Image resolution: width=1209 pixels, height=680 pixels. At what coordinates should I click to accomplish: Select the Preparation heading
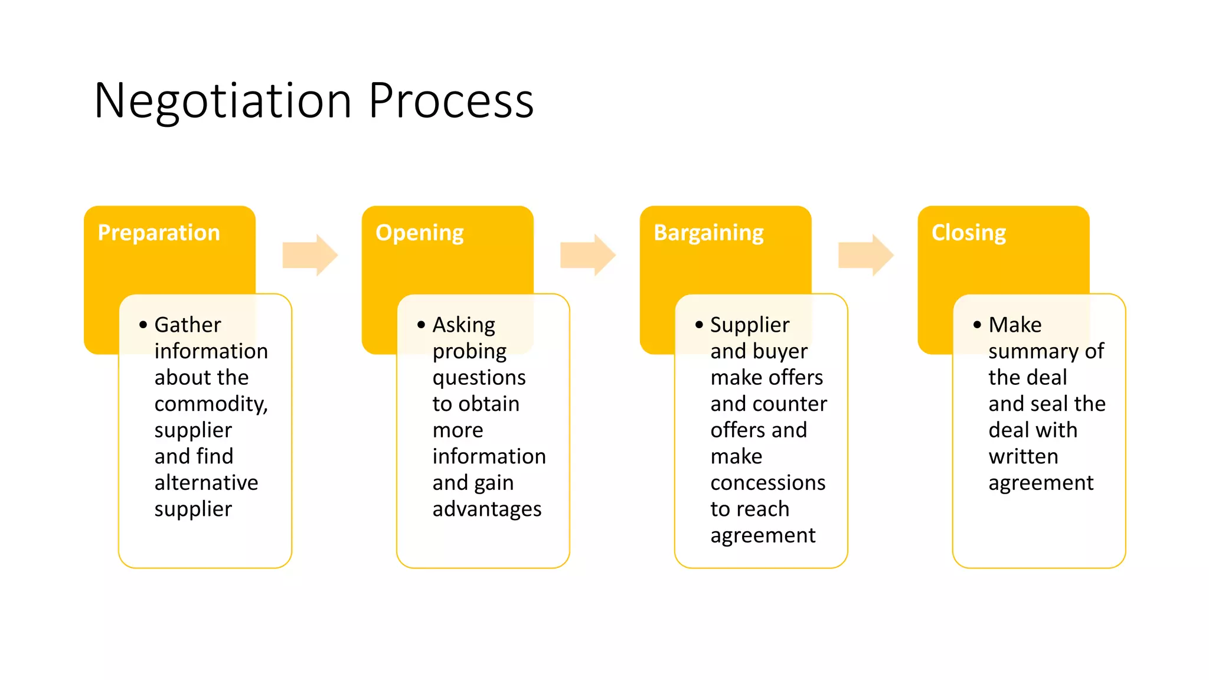point(159,233)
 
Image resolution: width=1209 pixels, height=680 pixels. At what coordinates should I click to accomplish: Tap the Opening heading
point(420,233)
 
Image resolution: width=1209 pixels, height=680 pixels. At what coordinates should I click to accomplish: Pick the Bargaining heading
point(708,233)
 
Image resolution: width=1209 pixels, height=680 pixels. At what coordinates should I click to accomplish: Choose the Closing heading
point(969,233)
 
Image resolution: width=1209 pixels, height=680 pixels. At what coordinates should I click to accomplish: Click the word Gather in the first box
point(188,325)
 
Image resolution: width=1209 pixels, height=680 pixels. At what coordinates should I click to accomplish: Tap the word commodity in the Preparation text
point(210,404)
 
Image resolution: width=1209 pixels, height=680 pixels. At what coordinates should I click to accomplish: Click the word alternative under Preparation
point(206,483)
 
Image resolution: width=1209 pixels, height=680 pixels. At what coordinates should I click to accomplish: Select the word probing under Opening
point(469,352)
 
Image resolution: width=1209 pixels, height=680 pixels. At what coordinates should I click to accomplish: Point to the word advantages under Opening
point(487,509)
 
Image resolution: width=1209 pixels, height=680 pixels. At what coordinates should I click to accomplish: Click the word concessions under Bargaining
point(768,483)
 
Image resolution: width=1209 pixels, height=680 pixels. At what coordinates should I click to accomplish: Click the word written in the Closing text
point(1023,456)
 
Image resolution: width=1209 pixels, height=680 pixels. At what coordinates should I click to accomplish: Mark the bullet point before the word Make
point(977,325)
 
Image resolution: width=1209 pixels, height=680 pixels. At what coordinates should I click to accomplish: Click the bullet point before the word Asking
point(421,325)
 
